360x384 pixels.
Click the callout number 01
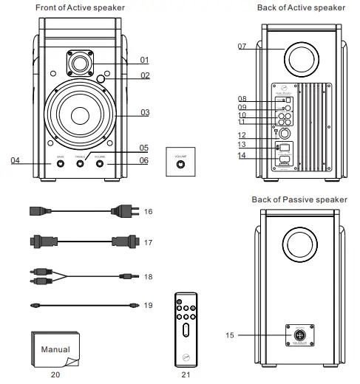point(145,60)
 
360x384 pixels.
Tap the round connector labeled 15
point(300,335)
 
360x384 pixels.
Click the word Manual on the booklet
point(55,349)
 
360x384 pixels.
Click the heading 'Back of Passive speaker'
point(301,199)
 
